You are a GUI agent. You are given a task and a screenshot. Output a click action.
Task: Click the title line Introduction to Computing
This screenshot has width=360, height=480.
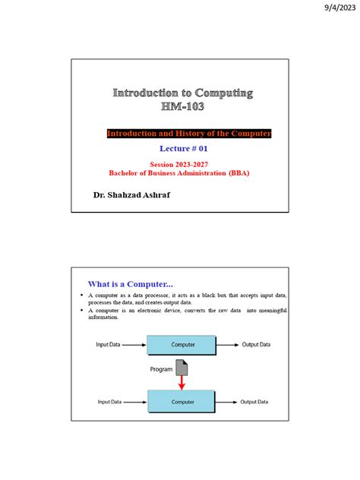point(183,93)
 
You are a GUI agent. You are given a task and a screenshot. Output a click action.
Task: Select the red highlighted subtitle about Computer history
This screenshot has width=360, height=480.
point(188,134)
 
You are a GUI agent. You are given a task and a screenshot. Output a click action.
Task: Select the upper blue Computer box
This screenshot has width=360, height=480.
point(182,345)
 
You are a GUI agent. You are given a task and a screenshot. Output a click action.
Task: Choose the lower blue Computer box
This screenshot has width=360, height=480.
point(182,401)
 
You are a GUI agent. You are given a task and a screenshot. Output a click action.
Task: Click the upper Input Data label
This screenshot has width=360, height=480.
point(109,345)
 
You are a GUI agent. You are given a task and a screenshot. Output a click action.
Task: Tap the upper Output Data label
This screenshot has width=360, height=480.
point(256,345)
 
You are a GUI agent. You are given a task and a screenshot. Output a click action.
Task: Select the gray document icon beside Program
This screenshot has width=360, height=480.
point(182,368)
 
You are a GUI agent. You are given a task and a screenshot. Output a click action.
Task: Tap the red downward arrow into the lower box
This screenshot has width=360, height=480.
point(182,383)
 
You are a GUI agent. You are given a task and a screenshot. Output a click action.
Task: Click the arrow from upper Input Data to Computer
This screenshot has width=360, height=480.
point(134,345)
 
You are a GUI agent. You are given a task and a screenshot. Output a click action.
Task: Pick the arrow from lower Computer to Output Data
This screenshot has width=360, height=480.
point(227,401)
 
